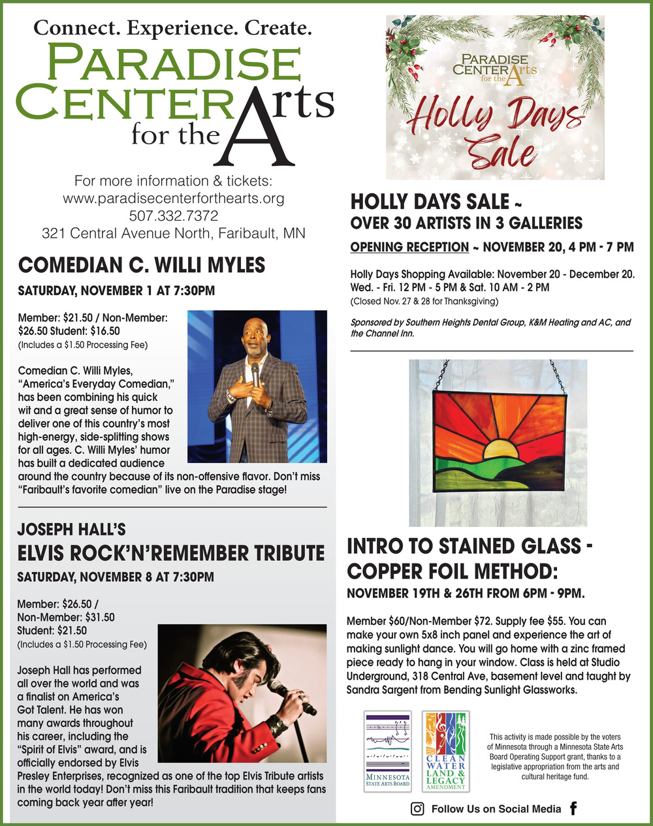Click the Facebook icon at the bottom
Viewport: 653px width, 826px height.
coord(573,808)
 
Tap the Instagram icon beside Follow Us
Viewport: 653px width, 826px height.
coord(417,809)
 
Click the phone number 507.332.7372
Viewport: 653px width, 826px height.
coord(174,215)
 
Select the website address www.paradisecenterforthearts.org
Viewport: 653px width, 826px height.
coord(174,198)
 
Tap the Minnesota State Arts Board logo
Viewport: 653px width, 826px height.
coord(387,751)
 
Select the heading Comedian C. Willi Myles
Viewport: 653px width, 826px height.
coord(142,265)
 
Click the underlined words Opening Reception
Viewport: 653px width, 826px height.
coord(409,247)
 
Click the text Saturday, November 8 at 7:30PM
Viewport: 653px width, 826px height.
coord(116,577)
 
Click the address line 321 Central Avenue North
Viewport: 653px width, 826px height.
coord(174,233)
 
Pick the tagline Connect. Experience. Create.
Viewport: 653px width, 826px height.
coord(172,28)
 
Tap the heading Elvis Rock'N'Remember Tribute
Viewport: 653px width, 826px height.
coord(170,553)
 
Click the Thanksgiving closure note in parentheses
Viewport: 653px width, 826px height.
coord(424,301)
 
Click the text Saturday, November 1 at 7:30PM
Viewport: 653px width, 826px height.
coord(116,291)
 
